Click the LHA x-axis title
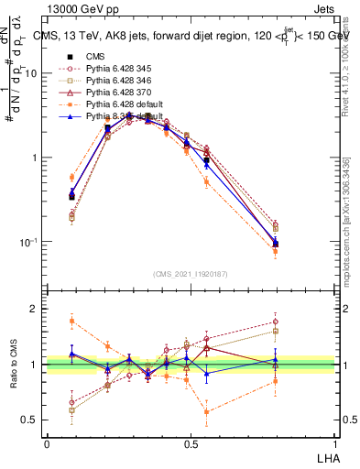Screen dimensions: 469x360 click(326, 456)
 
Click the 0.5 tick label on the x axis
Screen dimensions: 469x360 click(191, 443)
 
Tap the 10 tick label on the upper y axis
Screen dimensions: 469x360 click(31, 73)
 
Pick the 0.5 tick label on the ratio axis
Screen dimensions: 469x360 click(30, 420)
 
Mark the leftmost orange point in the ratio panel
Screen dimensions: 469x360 click(72, 320)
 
